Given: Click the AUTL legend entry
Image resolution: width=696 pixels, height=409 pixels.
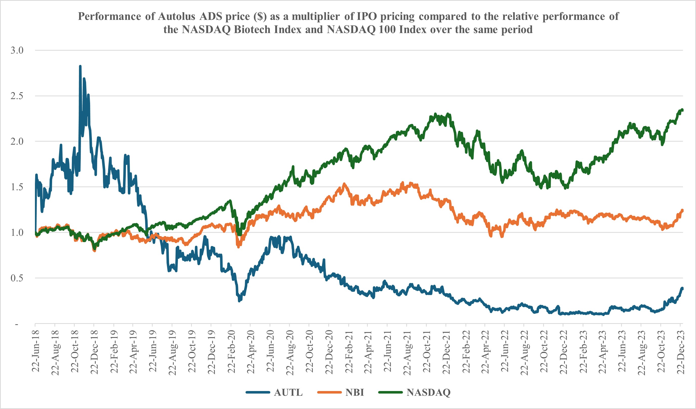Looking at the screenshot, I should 288,393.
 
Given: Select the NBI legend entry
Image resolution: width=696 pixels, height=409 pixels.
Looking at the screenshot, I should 354,393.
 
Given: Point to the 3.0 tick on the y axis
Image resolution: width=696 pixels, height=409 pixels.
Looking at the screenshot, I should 17,50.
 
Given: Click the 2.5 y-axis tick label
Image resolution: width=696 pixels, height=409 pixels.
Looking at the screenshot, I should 17,96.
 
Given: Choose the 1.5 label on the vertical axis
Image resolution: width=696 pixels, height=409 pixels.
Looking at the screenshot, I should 17,187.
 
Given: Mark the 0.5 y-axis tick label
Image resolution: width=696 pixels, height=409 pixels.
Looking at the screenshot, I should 17,278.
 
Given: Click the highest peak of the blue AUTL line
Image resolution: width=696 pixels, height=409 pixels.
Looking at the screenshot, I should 80,66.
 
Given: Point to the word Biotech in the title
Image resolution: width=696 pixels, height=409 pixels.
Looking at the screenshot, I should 268,30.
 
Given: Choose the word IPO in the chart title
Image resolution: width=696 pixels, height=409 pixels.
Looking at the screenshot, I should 367,16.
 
